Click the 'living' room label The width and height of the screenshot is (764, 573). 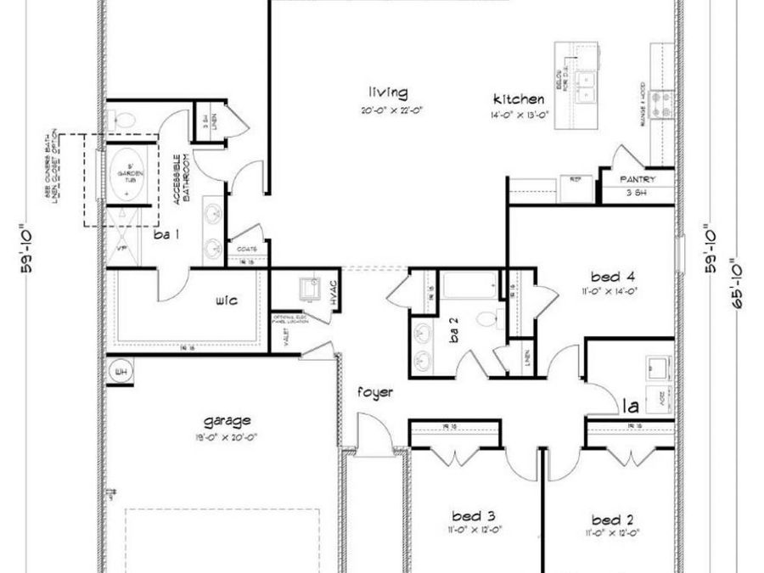(387, 93)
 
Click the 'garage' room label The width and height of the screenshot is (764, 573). (227, 420)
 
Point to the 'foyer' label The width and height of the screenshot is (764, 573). (374, 392)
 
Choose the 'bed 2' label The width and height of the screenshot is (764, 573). (611, 519)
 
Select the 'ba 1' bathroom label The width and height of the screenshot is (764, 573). (166, 234)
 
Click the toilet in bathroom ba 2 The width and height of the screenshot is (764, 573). (486, 318)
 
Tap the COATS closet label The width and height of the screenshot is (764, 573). (247, 249)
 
